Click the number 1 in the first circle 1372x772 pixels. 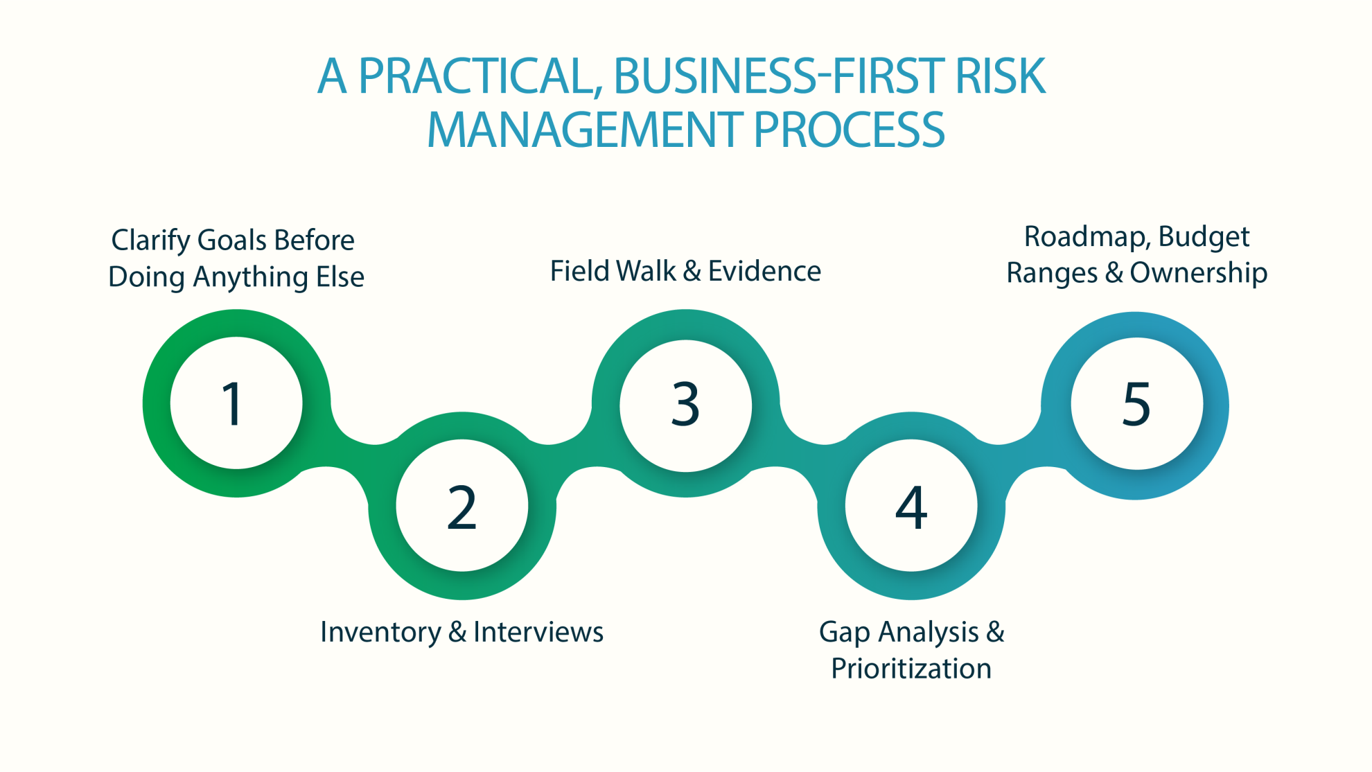pyautogui.click(x=232, y=404)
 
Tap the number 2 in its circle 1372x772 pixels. pyautogui.click(x=462, y=507)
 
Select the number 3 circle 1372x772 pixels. pyautogui.click(x=685, y=404)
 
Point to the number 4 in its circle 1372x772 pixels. pyautogui.click(x=911, y=507)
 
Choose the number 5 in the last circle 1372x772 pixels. pyautogui.click(x=1136, y=404)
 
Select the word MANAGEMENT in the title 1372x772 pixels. pyautogui.click(x=586, y=130)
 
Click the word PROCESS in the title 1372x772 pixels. pyautogui.click(x=849, y=130)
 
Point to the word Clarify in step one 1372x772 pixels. pyautogui.click(x=150, y=240)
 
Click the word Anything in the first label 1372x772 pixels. pyautogui.click(x=250, y=277)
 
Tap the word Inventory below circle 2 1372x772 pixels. pyautogui.click(x=380, y=632)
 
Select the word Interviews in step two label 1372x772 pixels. pyautogui.click(x=538, y=632)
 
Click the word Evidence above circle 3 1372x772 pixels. pyautogui.click(x=764, y=271)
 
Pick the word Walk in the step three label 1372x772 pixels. pyautogui.click(x=646, y=271)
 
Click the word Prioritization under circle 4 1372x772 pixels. pyautogui.click(x=911, y=669)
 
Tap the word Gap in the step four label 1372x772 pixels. pyautogui.click(x=844, y=632)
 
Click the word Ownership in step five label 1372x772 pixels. pyautogui.click(x=1198, y=273)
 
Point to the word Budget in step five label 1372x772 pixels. pyautogui.click(x=1204, y=237)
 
